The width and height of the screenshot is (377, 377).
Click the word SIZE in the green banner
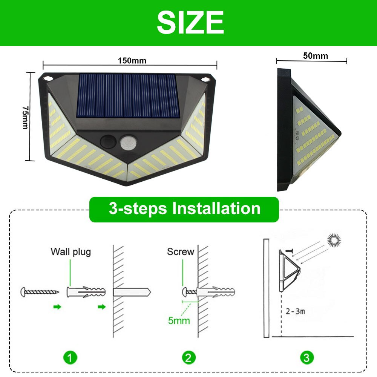click(190, 23)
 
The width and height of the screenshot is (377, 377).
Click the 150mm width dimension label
click(132, 60)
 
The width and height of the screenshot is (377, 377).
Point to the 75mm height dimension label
click(25, 117)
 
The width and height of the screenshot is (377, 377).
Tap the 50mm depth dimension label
click(316, 56)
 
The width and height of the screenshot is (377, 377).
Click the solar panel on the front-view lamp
click(128, 95)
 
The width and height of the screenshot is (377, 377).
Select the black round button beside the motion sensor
click(107, 143)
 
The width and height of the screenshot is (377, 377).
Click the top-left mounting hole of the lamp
click(48, 78)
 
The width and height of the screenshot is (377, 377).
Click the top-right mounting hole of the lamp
click(206, 79)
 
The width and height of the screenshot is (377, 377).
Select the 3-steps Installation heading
click(184, 208)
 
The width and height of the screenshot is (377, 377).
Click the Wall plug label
click(71, 251)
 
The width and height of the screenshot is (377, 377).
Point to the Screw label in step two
click(181, 251)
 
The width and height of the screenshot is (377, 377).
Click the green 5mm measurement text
click(179, 321)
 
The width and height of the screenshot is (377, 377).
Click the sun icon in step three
click(334, 240)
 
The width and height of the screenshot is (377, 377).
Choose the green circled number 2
click(189, 357)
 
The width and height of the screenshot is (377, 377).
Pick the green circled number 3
click(307, 357)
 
